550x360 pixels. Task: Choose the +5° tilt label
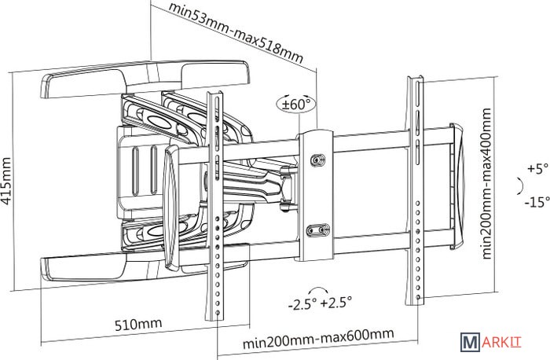pos(537,168)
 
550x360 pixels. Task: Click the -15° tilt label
pos(538,202)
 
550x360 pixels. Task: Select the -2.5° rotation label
pos(303,303)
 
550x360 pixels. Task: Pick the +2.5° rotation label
pos(338,303)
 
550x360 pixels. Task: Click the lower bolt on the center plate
pos(318,230)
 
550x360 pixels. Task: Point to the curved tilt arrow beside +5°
pos(518,186)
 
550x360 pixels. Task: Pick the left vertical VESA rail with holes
pos(214,204)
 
